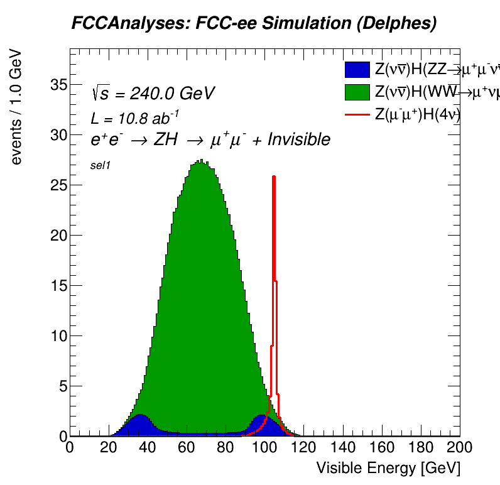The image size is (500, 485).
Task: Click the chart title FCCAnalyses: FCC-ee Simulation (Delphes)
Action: pos(254,24)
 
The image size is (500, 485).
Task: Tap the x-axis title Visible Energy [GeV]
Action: pos(388,468)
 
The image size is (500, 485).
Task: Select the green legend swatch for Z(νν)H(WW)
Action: pos(357,92)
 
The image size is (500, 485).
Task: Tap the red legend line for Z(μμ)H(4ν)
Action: pos(357,114)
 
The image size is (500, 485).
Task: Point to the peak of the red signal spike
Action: pos(274,177)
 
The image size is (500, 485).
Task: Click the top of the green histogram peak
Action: pos(200,161)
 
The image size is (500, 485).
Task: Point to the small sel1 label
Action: pos(101,166)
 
